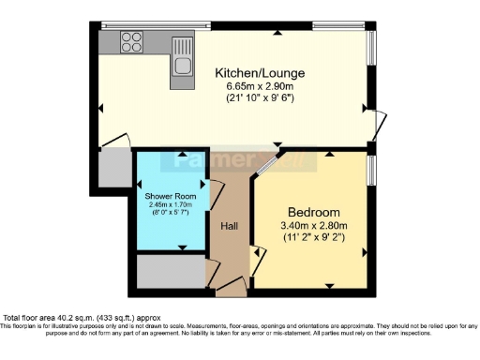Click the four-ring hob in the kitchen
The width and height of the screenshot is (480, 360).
point(132,42)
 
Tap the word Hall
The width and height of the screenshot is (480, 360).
point(229,226)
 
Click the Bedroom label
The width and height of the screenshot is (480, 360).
point(314,212)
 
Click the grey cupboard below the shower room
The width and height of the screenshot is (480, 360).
point(169,271)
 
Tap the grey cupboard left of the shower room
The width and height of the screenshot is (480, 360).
point(113,168)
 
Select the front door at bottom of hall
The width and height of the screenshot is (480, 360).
point(231,285)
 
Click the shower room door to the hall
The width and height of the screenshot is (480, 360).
point(213,198)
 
